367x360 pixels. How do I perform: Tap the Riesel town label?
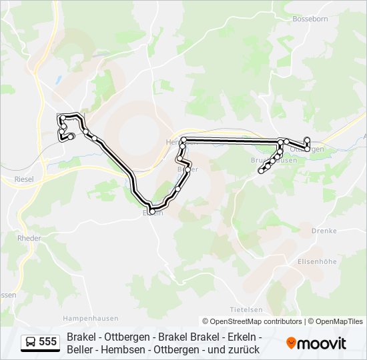(x=24, y=179)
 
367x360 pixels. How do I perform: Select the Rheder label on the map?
(x=29, y=238)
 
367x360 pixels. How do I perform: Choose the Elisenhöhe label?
(x=318, y=262)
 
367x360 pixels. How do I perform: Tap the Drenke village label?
(x=324, y=231)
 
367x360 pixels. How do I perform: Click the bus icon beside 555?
(x=30, y=342)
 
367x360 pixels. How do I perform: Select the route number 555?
(x=48, y=342)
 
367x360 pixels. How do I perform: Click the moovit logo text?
(x=322, y=343)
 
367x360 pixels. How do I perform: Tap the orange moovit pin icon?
(x=291, y=343)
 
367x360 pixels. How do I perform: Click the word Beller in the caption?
(x=81, y=349)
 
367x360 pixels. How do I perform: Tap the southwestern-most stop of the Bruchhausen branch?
(x=261, y=171)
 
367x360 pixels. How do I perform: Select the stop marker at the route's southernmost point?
(x=153, y=211)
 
